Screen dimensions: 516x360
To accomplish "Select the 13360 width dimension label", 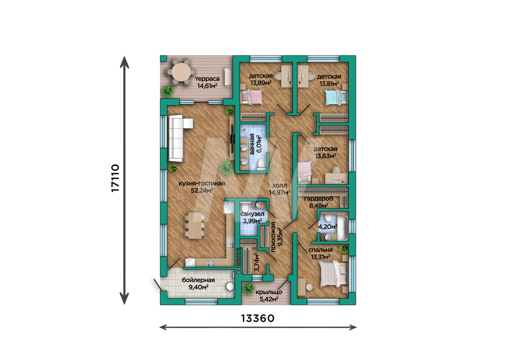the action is pos(257,319).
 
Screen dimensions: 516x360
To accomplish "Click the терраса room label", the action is pos(207,79).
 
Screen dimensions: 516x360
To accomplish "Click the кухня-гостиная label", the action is pos(202,183).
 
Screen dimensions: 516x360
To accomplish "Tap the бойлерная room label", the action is pos(198,280).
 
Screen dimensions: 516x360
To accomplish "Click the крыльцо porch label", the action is pos(269,292).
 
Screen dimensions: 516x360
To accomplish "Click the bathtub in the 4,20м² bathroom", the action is pos(342,228).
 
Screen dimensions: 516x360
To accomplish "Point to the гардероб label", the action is pos(318,199).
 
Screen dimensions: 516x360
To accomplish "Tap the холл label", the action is pos(279,185).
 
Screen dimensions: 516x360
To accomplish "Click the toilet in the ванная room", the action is pos(262,164).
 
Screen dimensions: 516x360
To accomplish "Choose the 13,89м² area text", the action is pos(261,83).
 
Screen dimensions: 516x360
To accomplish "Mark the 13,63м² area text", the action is pos(326,155).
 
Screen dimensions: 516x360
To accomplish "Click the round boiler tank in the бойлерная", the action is pos(230,287).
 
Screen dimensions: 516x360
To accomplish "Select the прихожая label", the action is pos(273,237).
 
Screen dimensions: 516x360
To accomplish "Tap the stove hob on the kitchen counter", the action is pos(211,262).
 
